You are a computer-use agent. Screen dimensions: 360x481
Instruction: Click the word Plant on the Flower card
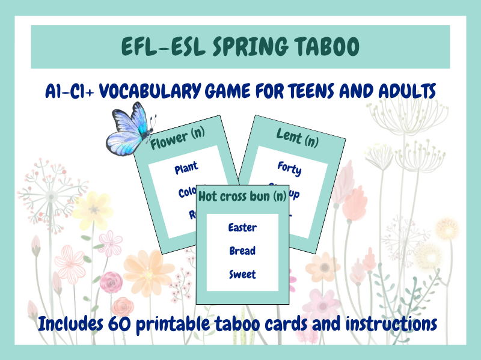pyautogui.click(x=186, y=168)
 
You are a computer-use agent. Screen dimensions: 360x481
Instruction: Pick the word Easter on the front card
pyautogui.click(x=242, y=227)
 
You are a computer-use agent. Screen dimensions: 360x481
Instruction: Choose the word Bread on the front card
pyautogui.click(x=242, y=251)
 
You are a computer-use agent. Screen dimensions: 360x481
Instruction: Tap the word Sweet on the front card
pyautogui.click(x=242, y=275)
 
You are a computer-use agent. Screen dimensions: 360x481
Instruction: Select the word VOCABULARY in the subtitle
pyautogui.click(x=155, y=92)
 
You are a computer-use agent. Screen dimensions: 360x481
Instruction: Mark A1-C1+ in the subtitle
pyautogui.click(x=67, y=92)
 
